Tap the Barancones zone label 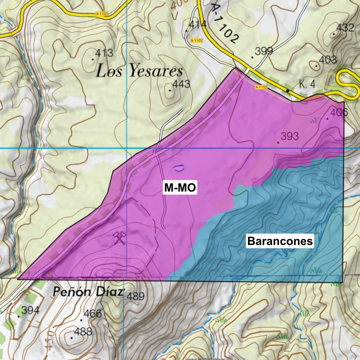tap(279, 241)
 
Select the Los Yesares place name tap(139, 72)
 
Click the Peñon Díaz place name tap(88, 292)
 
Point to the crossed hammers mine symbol tap(120, 238)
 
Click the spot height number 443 tap(181, 84)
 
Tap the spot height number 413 tap(104, 53)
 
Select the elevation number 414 tap(198, 24)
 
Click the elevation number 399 tap(264, 50)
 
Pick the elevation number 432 tap(345, 27)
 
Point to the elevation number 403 tap(328, 59)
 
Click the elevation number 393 tap(290, 136)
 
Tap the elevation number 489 tap(135, 296)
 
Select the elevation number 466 tap(93, 314)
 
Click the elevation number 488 tap(83, 331)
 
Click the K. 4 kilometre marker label tap(307, 84)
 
